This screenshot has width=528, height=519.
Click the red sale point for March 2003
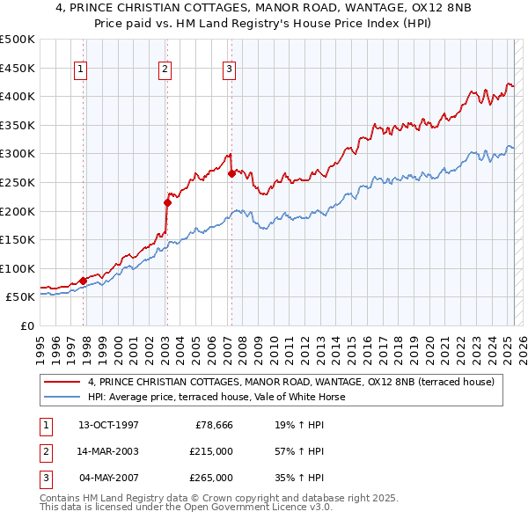[x=167, y=202]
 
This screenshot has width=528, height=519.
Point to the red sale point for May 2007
[x=231, y=173]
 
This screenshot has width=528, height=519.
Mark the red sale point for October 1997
[x=84, y=281]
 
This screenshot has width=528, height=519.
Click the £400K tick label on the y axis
[x=18, y=96]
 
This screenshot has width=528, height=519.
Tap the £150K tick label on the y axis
[x=18, y=239]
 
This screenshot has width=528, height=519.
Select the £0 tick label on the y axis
[x=26, y=325]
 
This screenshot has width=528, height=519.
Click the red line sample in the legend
[x=62, y=382]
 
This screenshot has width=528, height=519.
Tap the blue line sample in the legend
[x=62, y=397]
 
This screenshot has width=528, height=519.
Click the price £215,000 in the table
[x=212, y=451]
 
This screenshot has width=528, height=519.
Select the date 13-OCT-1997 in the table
[x=108, y=425]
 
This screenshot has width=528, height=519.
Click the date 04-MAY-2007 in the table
[x=108, y=478]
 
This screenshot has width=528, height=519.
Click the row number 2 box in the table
[x=45, y=451]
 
